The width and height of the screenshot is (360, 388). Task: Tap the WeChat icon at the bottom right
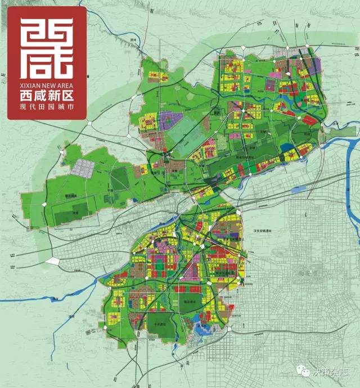[x=304, y=372]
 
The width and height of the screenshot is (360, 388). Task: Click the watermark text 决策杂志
[x=331, y=372]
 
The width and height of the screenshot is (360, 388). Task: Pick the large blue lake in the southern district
[x=201, y=320]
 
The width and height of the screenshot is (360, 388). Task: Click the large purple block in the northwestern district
[x=169, y=120]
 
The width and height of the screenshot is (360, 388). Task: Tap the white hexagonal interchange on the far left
[x=53, y=260]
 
